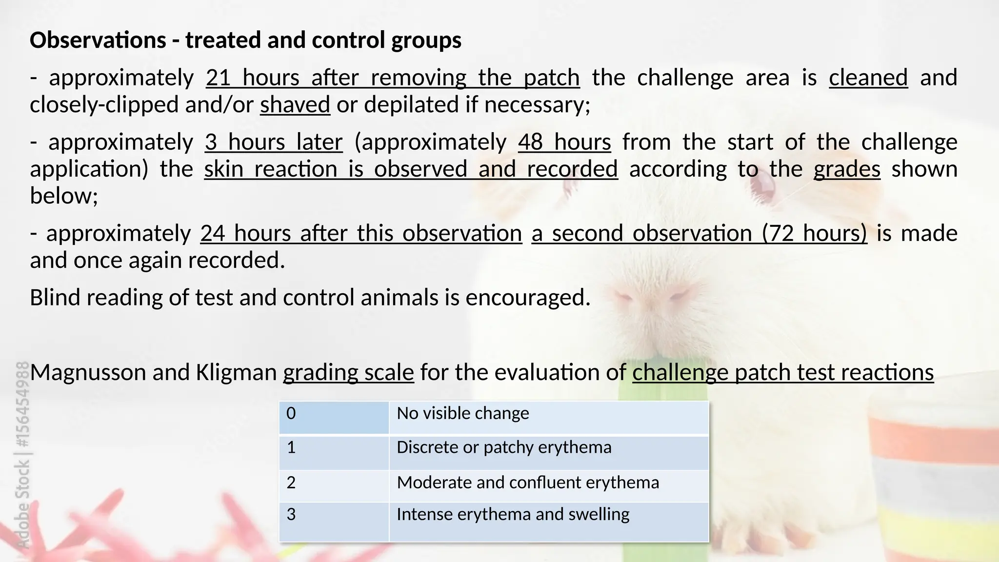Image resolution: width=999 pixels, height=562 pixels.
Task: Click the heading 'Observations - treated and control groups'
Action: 245,40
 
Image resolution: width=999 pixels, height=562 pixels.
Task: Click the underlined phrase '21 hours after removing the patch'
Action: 393,78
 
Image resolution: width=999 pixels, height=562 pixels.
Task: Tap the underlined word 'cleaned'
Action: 868,78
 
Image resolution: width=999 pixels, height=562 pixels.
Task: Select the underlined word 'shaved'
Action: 295,105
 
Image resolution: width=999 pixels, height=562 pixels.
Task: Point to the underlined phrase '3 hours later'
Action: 274,142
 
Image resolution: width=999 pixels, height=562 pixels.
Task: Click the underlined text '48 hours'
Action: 564,142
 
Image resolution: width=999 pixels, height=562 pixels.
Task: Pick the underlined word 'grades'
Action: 847,169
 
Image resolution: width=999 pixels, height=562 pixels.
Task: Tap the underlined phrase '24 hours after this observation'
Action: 361,234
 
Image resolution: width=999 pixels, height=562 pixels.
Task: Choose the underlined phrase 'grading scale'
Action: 348,373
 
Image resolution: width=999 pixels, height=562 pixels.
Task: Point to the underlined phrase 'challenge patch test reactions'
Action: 783,373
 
